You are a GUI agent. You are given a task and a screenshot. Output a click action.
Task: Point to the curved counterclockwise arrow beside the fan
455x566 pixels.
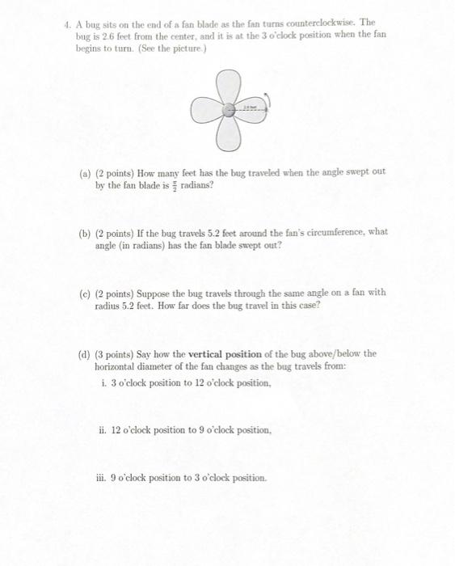tap(268, 103)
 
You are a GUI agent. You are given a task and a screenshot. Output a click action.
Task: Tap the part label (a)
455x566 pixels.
tap(86, 173)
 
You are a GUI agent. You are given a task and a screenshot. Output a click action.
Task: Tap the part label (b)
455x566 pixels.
tap(86, 232)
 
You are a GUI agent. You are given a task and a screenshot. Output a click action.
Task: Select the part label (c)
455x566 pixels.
tap(86, 292)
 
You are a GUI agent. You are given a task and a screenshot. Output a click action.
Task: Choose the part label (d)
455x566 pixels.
tap(86, 353)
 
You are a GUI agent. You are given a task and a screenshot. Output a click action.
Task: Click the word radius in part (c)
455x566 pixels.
tap(111, 305)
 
